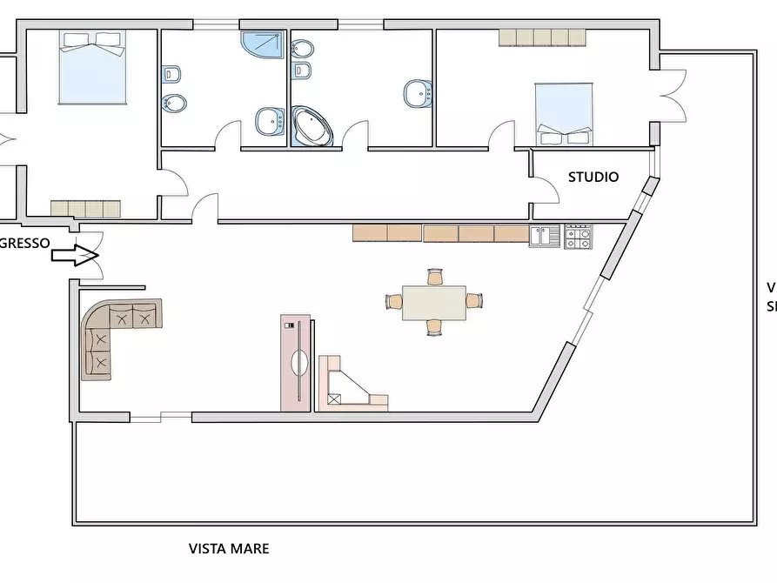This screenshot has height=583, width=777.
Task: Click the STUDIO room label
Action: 593,178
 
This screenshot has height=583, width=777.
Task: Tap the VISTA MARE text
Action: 229,549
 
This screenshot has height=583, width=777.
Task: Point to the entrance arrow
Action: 73,256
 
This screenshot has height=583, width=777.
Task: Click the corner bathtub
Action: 311,127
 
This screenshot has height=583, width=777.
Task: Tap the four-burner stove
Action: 578,237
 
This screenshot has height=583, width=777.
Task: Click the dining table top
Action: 433,302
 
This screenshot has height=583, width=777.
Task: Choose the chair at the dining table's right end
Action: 473,301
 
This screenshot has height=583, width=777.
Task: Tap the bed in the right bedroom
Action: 565,113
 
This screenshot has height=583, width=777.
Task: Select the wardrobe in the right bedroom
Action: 542,37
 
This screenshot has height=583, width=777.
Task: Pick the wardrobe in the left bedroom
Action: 85,209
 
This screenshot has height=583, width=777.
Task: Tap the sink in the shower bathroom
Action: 268,121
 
